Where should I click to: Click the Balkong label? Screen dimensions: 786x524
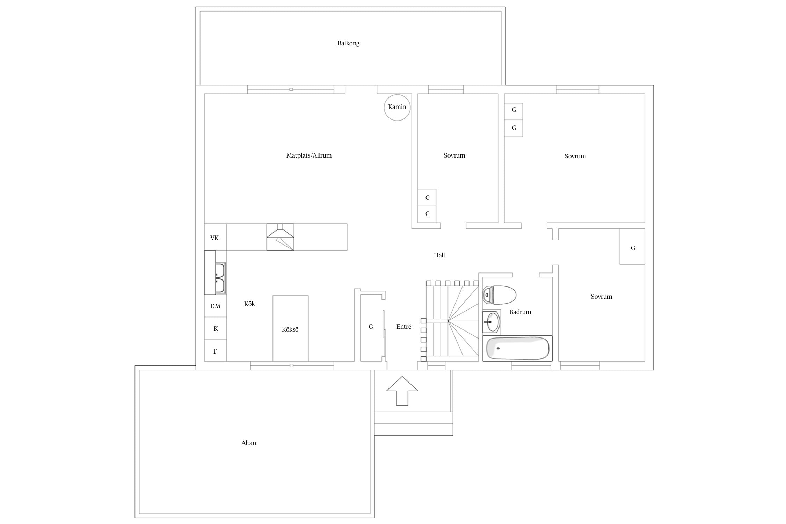coord(348,43)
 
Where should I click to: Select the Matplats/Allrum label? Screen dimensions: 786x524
coord(309,155)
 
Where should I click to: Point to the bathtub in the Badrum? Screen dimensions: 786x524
coord(517,348)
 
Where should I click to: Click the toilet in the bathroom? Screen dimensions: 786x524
coord(500,295)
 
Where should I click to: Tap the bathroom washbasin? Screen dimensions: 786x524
coord(492,322)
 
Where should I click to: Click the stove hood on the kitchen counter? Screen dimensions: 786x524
coord(280,237)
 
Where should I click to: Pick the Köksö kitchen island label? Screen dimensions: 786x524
coord(290,329)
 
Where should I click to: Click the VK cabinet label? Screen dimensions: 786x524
coord(214,238)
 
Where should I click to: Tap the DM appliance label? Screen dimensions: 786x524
coord(215,306)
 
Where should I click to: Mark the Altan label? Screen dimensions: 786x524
coord(249,443)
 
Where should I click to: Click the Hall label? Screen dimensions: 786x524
coord(439,255)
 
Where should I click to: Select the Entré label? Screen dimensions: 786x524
coord(404,327)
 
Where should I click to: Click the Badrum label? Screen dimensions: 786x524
coord(520,312)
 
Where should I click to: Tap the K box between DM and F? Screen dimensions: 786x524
coord(216,328)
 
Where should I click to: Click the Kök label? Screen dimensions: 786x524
coord(249,304)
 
